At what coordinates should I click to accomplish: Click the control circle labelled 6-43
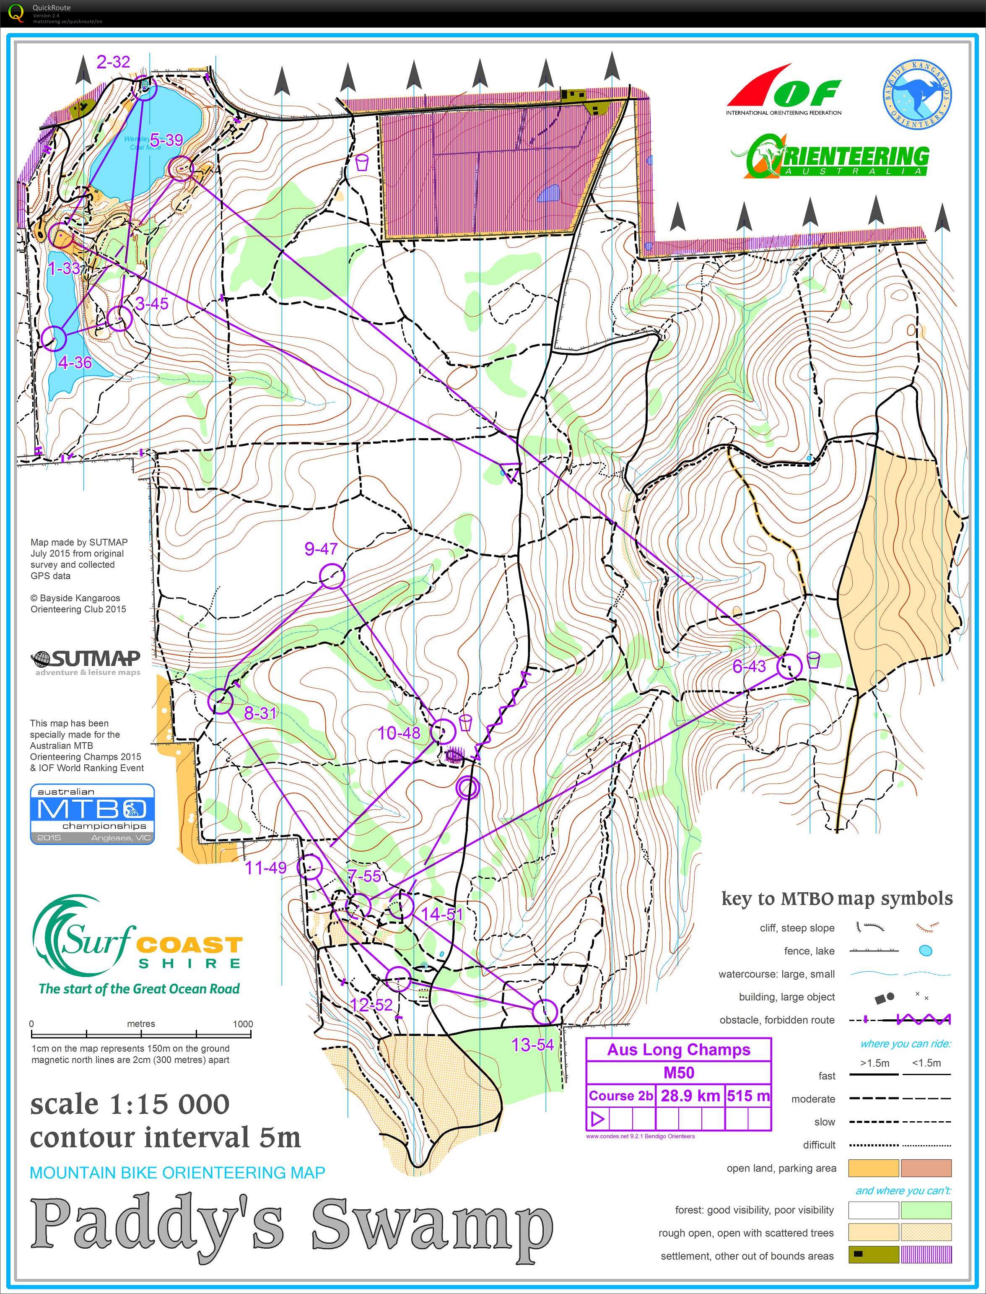point(789,666)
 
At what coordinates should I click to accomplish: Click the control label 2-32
point(113,62)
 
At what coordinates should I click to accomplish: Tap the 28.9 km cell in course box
point(690,1096)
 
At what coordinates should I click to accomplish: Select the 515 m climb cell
point(748,1096)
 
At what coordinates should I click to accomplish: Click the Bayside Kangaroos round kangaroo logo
point(917,94)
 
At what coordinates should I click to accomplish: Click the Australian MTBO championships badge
point(92,814)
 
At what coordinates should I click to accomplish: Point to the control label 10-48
point(399,733)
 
